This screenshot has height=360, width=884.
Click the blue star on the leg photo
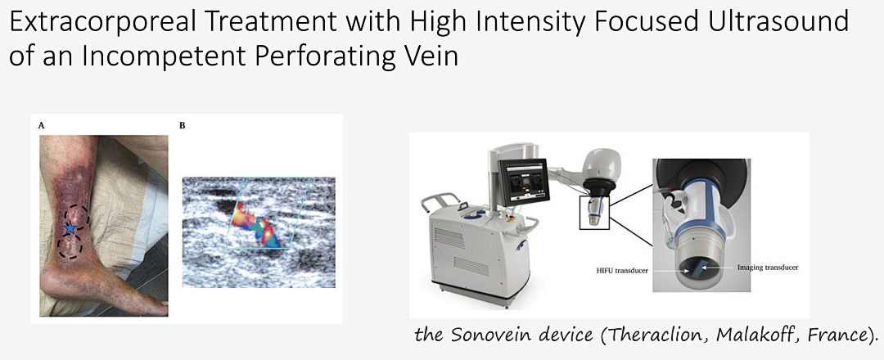(x=70, y=228)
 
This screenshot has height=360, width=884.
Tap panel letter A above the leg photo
(x=41, y=126)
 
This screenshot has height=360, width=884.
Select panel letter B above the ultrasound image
(x=182, y=126)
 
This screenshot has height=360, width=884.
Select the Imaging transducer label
(x=768, y=268)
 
